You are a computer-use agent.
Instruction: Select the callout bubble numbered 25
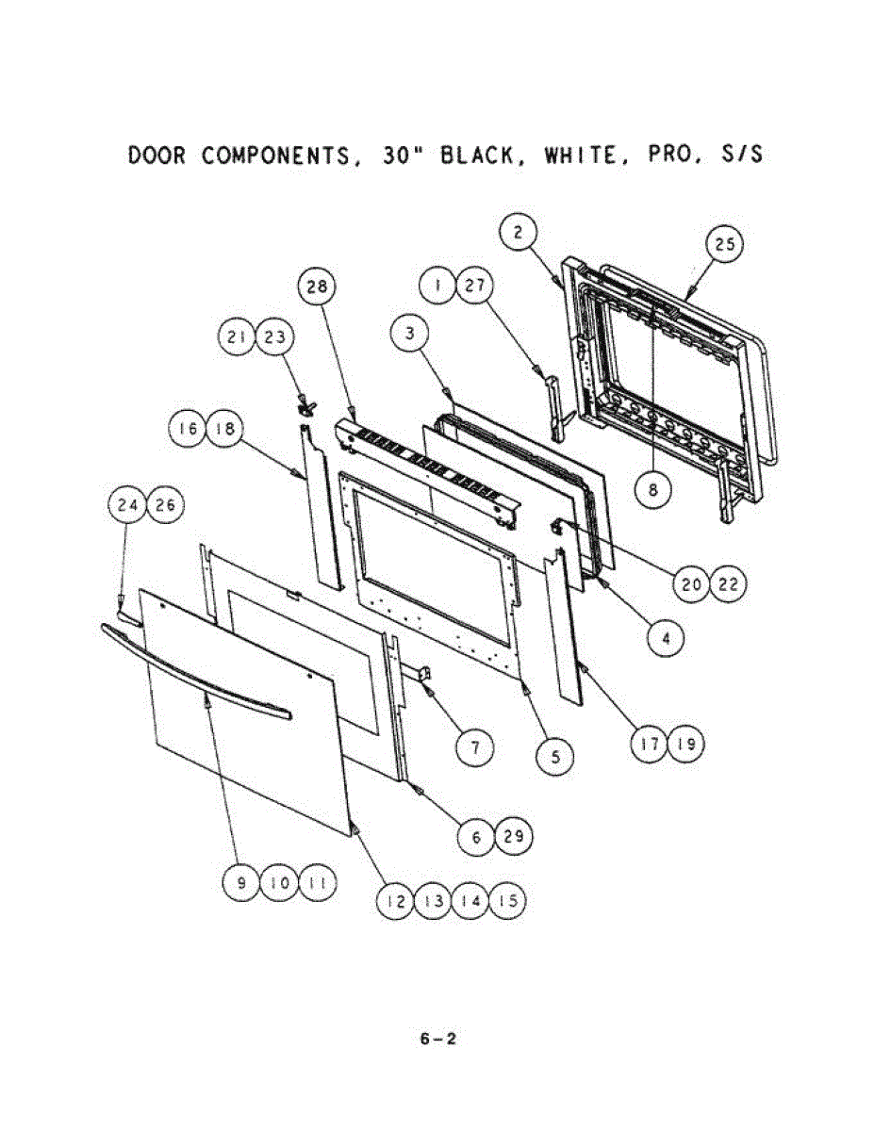click(724, 246)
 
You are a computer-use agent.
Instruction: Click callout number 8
click(652, 490)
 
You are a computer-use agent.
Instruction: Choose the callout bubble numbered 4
click(667, 638)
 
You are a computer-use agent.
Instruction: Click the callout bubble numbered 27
click(475, 286)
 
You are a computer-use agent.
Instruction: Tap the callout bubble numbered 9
click(242, 883)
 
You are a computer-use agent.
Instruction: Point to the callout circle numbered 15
click(507, 901)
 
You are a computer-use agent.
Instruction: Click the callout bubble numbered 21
click(238, 338)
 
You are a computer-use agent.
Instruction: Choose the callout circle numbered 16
click(187, 430)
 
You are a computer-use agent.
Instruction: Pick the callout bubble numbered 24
click(127, 506)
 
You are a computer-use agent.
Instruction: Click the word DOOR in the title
click(157, 156)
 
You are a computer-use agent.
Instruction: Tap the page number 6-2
click(438, 1040)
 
